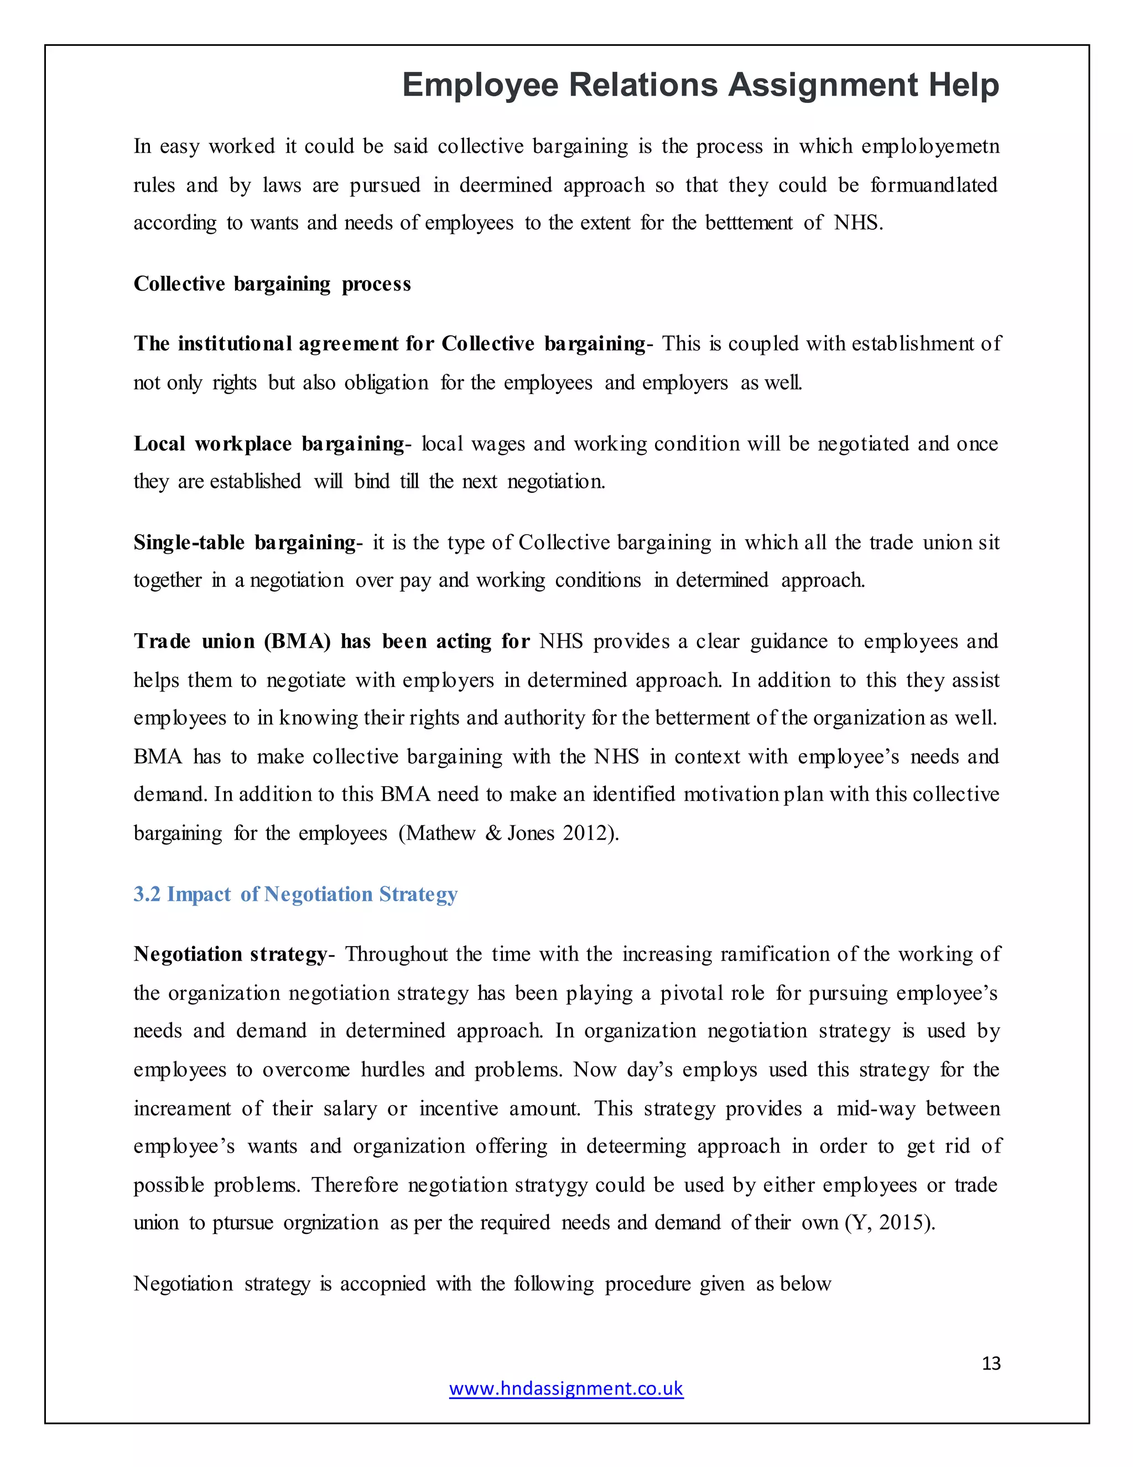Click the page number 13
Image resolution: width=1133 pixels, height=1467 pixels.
(991, 1363)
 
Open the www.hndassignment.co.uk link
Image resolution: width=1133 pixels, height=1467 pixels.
(566, 1388)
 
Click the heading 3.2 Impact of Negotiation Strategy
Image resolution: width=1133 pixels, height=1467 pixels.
(295, 894)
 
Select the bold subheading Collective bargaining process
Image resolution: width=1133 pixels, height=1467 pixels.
(272, 284)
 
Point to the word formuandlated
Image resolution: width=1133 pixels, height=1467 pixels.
(934, 185)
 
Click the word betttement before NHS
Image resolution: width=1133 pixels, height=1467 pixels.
(749, 223)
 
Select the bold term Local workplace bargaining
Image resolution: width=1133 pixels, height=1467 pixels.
(268, 444)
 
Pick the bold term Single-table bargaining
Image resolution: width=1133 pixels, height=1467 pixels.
(245, 543)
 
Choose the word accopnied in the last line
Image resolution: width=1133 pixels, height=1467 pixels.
(383, 1284)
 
